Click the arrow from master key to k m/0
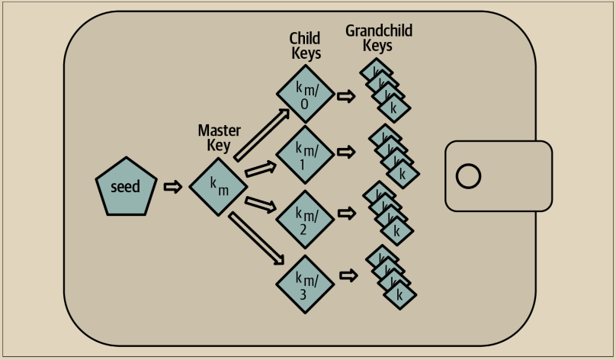(x=261, y=134)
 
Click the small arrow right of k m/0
(x=347, y=97)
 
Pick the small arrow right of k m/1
(x=347, y=153)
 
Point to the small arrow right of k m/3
(x=348, y=275)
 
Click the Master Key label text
(x=219, y=137)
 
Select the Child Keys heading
(x=305, y=45)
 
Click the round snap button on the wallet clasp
(x=468, y=176)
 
